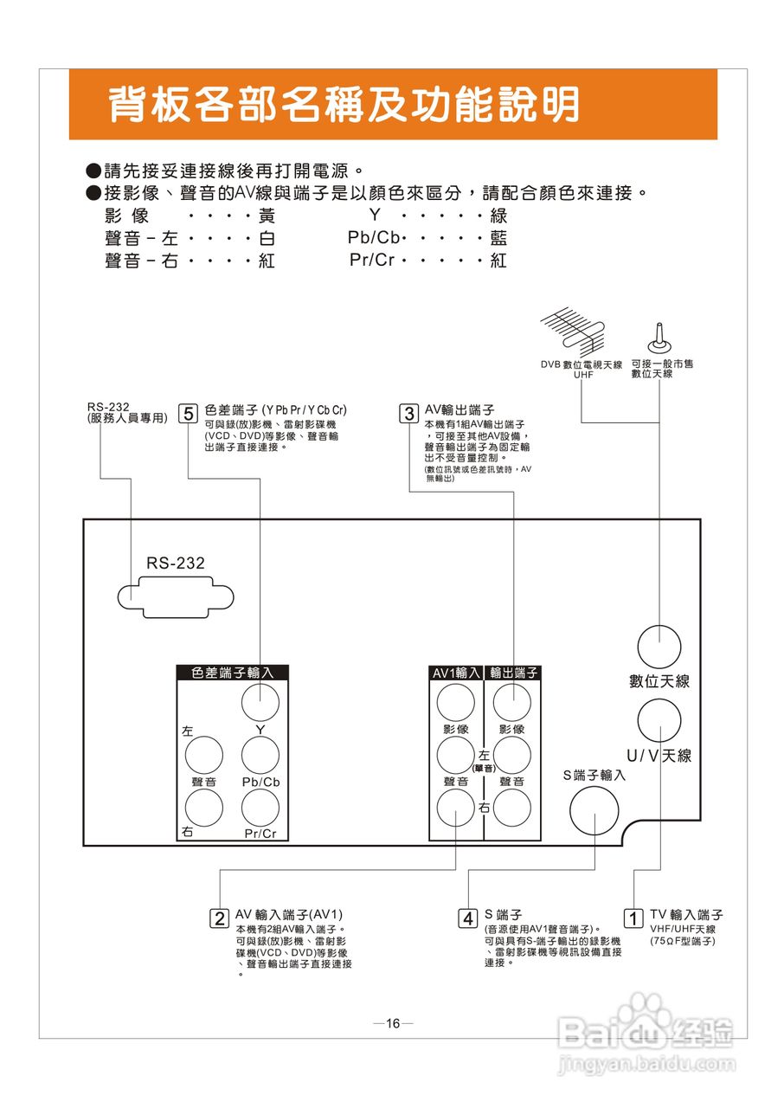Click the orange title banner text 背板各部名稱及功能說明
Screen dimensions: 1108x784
[344, 106]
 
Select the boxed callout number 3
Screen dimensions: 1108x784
[409, 413]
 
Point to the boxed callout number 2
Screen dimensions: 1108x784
[220, 918]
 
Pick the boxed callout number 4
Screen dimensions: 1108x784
[468, 918]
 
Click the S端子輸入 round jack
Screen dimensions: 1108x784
[594, 808]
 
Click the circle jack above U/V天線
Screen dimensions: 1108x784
[659, 720]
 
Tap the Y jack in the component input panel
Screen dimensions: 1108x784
[260, 702]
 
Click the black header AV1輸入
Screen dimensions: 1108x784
[456, 673]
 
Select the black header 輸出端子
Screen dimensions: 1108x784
[512, 673]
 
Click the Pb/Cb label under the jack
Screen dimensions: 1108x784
[260, 781]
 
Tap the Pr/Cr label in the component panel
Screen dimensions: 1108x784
[260, 834]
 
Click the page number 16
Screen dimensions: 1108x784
[393, 1024]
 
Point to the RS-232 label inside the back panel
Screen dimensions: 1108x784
[176, 564]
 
